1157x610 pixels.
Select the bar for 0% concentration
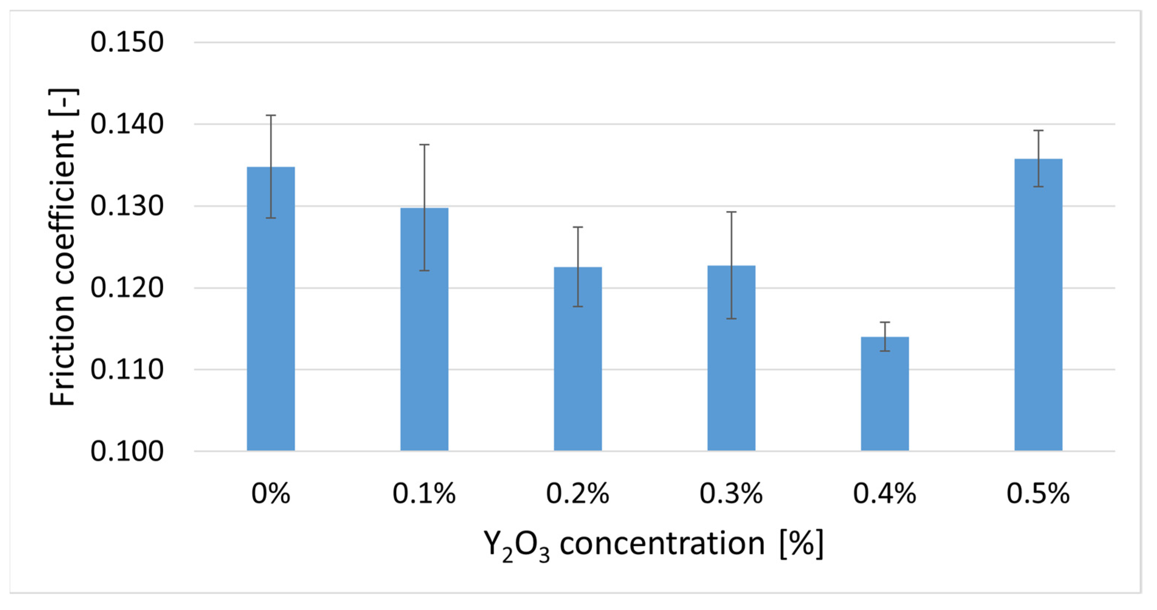pos(271,314)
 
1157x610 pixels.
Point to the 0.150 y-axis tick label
pos(127,43)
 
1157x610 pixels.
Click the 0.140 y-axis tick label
pos(127,124)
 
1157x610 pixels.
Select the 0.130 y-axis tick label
pos(127,207)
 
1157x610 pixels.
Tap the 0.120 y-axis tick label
pos(127,288)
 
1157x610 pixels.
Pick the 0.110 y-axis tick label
pos(127,370)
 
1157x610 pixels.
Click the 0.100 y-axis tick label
pos(127,451)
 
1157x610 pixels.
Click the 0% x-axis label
pos(271,494)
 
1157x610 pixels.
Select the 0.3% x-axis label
pos(731,494)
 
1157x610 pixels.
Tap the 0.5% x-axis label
pos(1038,494)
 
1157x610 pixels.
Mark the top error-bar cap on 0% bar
pos(271,115)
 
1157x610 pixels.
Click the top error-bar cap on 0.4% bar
pos(885,322)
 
